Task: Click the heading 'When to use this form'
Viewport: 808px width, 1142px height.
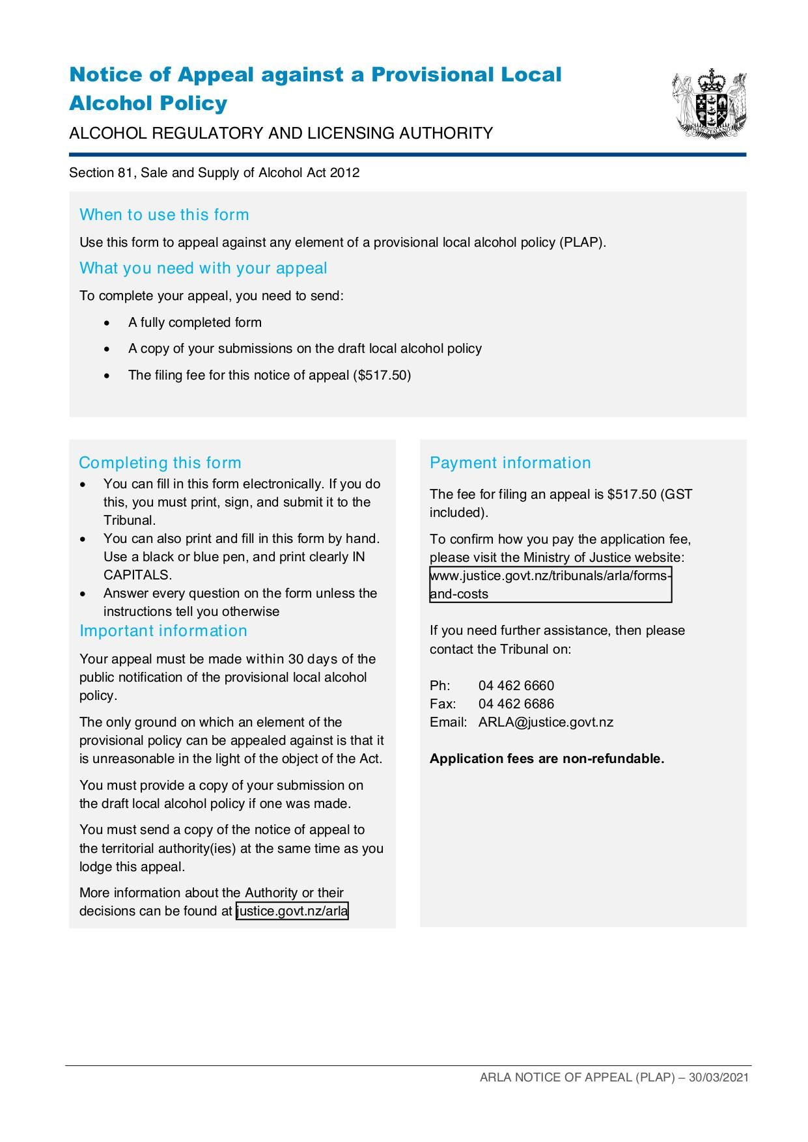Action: coord(164,215)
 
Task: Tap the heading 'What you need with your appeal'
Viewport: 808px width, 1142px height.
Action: coord(203,268)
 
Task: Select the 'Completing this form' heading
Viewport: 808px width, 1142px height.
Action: coord(160,463)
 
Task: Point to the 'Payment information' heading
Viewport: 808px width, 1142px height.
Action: coord(510,463)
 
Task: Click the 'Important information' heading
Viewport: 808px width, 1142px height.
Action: coord(163,631)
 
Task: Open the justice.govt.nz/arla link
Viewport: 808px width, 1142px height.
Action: coord(292,911)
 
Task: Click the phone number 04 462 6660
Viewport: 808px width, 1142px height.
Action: coord(516,686)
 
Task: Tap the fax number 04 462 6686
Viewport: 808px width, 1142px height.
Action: coord(516,704)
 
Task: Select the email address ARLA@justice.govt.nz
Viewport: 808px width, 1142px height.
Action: coord(546,722)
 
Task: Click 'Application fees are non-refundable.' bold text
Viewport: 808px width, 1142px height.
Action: coord(546,759)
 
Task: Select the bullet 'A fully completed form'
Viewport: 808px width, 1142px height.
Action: coord(195,322)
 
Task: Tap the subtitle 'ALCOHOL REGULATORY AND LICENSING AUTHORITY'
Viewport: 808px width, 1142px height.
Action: coord(281,133)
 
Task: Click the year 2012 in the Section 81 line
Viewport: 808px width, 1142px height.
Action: coord(344,173)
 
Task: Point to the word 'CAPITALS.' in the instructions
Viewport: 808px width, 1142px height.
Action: coord(137,575)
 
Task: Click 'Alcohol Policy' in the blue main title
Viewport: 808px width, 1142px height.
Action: coord(148,103)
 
